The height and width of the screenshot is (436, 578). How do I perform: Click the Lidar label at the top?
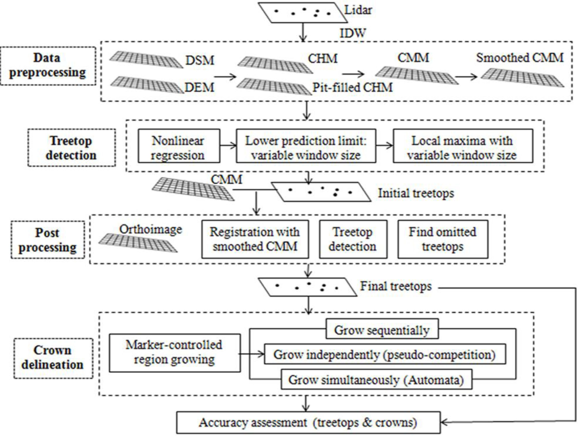358,11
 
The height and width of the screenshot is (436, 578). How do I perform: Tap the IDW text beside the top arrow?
353,33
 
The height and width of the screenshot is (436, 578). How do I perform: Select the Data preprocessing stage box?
48,66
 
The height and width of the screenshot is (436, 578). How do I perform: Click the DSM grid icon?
146,60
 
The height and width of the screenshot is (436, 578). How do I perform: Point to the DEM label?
199,87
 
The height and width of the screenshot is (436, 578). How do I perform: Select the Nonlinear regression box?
179,146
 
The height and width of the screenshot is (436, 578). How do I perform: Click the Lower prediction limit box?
306,146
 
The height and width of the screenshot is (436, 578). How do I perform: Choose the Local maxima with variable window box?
463,146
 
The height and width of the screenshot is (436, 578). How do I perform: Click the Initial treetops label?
416,193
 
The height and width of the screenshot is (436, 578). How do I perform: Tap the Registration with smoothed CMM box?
255,239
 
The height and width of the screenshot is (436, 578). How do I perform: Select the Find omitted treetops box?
443,239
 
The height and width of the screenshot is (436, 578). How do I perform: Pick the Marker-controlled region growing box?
175,352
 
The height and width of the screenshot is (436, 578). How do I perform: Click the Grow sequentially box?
382,330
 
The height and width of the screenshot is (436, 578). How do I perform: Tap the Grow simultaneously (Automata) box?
376,379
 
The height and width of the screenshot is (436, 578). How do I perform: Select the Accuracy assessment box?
308,423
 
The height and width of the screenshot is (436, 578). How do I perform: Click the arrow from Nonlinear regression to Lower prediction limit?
228,146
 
